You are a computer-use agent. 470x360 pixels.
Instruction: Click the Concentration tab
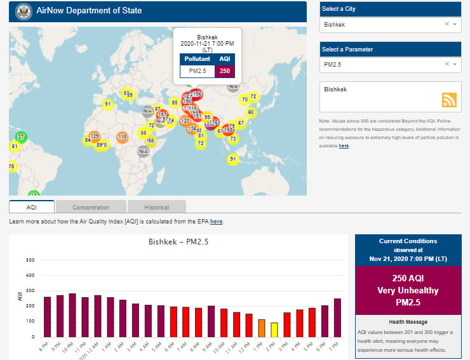(91, 207)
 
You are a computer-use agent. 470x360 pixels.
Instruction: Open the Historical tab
(156, 207)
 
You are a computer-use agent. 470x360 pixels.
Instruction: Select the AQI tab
(31, 207)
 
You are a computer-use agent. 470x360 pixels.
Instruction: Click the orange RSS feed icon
(449, 100)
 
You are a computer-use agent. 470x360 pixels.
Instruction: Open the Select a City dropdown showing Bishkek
(389, 24)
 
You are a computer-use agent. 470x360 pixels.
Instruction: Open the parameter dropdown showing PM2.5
(389, 64)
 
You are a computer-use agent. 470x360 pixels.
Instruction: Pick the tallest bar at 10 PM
(72, 316)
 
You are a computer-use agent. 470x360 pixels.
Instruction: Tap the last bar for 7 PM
(337, 317)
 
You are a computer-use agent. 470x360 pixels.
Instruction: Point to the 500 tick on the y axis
(30, 260)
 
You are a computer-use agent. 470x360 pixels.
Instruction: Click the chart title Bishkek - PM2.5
(178, 242)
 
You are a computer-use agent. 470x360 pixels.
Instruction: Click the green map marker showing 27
(21, 137)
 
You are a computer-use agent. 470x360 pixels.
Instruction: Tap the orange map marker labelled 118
(122, 137)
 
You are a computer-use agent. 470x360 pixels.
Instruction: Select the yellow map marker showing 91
(233, 159)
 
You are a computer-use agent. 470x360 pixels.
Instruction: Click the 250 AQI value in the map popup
(225, 70)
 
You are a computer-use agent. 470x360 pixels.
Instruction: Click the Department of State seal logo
(23, 11)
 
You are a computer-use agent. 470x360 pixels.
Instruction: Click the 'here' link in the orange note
(344, 146)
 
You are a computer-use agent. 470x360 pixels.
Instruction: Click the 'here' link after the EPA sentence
(217, 222)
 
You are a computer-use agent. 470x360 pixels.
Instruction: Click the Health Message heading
(408, 322)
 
